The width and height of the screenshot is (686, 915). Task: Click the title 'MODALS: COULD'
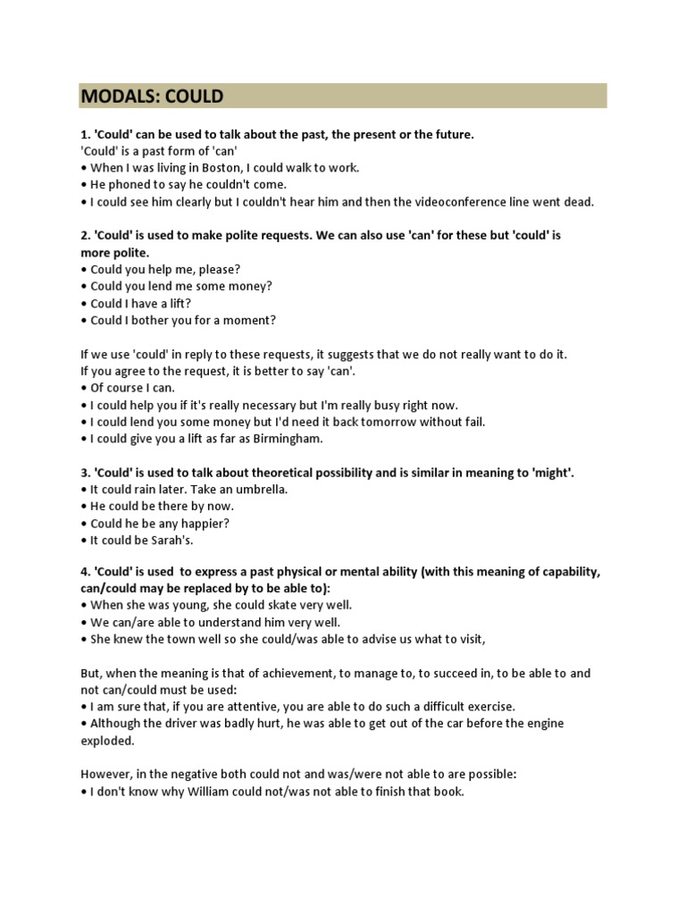pos(152,96)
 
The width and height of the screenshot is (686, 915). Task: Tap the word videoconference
pos(478,202)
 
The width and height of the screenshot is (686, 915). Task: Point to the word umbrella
pos(259,490)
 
